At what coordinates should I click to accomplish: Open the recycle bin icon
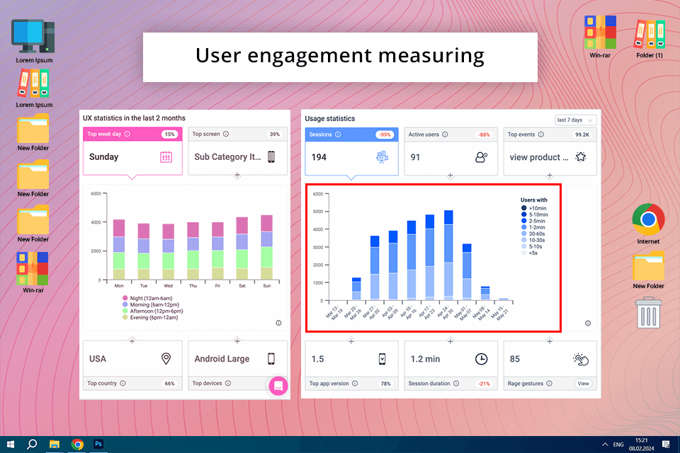pyautogui.click(x=648, y=312)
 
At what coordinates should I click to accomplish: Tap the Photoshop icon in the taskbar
pyautogui.click(x=98, y=445)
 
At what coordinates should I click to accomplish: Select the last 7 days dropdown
pyautogui.click(x=575, y=120)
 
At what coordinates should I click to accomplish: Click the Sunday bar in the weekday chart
pyautogui.click(x=266, y=248)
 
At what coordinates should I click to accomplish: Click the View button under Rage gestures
pyautogui.click(x=583, y=384)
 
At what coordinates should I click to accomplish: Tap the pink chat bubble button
pyautogui.click(x=278, y=386)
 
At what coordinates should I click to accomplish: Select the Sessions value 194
pyautogui.click(x=319, y=157)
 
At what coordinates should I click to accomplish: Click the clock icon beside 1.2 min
pyautogui.click(x=481, y=359)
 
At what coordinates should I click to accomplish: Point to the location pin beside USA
pyautogui.click(x=166, y=359)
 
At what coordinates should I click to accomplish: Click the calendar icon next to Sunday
pyautogui.click(x=166, y=157)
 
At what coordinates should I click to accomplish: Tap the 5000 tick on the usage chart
pyautogui.click(x=318, y=211)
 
